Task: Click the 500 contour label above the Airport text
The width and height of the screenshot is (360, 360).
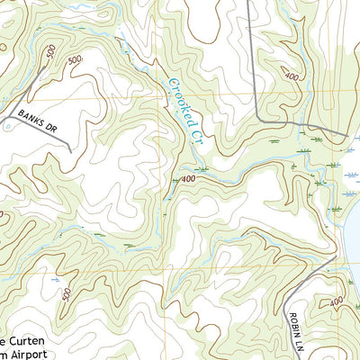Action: point(65,294)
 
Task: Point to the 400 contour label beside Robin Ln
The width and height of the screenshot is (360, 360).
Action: point(335,302)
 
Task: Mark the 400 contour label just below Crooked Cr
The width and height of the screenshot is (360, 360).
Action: point(187,180)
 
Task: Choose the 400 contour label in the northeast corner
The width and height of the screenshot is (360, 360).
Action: point(291,78)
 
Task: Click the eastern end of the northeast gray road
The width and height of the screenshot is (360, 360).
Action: point(346,135)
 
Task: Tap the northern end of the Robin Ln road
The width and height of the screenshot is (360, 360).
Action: point(335,257)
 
